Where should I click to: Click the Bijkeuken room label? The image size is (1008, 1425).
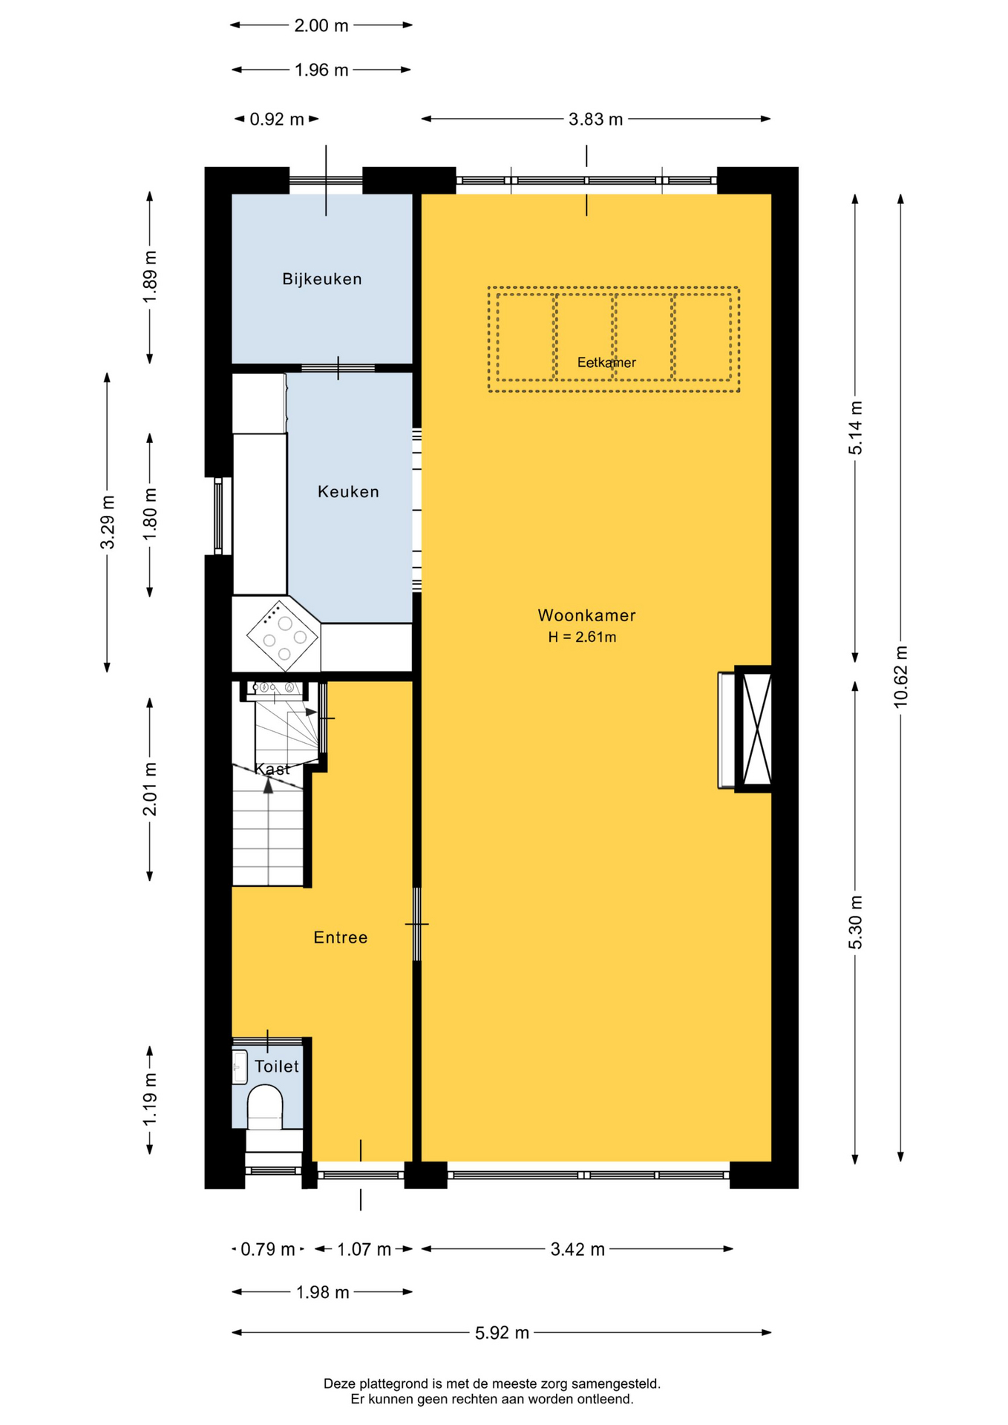coord(322,279)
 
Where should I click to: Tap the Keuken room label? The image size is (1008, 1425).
coord(348,491)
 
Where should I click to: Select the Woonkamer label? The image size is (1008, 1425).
coord(586,615)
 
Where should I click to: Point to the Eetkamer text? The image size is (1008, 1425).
coord(606,362)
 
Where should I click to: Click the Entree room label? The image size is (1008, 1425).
coord(341,937)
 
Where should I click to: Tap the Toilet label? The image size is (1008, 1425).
coord(277,1067)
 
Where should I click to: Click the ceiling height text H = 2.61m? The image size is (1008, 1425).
coord(582,637)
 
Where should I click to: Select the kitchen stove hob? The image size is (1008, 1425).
coord(283,635)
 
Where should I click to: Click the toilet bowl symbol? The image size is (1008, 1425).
coord(265,1107)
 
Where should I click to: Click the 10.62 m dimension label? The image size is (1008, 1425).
coord(900,677)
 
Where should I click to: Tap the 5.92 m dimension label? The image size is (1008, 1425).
coord(502,1333)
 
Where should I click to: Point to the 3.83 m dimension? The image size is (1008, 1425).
coord(595,119)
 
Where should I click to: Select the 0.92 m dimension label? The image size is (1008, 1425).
coord(277,119)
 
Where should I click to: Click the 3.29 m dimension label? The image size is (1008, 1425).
coord(108,522)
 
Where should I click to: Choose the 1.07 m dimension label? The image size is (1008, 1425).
coord(364,1250)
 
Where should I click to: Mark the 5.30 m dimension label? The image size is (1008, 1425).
coord(856,923)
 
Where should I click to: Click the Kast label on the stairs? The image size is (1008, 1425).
coord(272,769)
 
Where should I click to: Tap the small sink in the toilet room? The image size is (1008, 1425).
coord(239,1067)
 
